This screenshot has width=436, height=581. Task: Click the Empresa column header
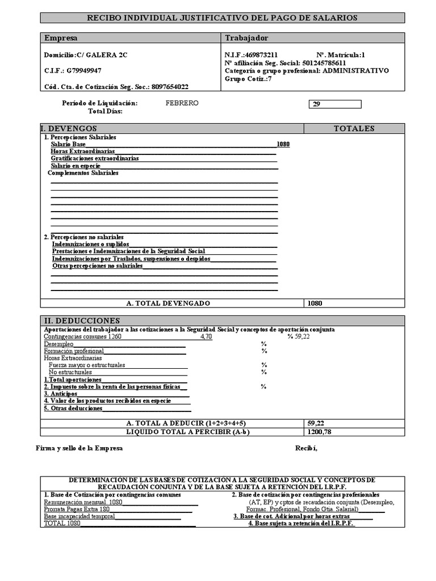pos(61,38)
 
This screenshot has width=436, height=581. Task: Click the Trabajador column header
pos(247,38)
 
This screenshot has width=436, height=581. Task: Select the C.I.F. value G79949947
pos(84,71)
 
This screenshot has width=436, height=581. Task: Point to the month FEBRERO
pos(182,103)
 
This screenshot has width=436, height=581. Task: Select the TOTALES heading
pos(354,129)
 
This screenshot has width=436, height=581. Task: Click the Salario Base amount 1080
pos(283,145)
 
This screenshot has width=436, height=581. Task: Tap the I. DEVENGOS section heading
pos(69,129)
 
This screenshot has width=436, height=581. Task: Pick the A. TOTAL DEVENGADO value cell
pos(354,303)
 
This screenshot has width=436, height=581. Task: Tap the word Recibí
pos(307,448)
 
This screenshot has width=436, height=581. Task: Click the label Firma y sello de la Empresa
pos(79,448)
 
